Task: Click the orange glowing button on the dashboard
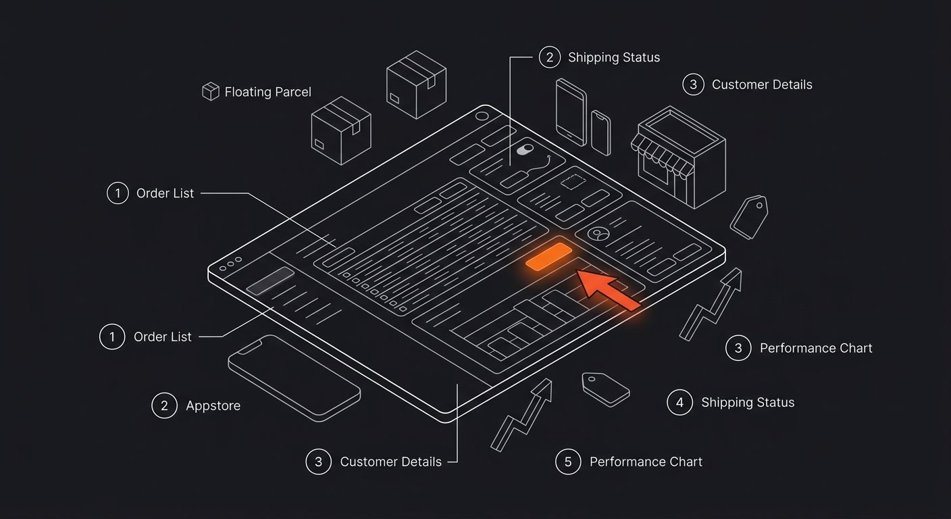548,256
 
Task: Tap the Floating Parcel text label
268,92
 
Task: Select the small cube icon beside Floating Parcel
211,91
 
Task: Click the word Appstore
213,405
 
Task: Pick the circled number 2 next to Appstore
164,405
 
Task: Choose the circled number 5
568,462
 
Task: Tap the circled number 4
679,402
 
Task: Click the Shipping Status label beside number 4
748,402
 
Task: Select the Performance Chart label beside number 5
646,462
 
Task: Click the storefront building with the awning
678,157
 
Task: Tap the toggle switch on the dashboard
525,149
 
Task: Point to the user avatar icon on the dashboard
598,234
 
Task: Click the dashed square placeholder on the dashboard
573,182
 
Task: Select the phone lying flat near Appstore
294,378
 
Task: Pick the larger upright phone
571,112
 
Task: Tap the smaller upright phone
600,133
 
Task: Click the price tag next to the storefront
749,217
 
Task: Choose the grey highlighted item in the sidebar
270,280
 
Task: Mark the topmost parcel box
416,84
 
